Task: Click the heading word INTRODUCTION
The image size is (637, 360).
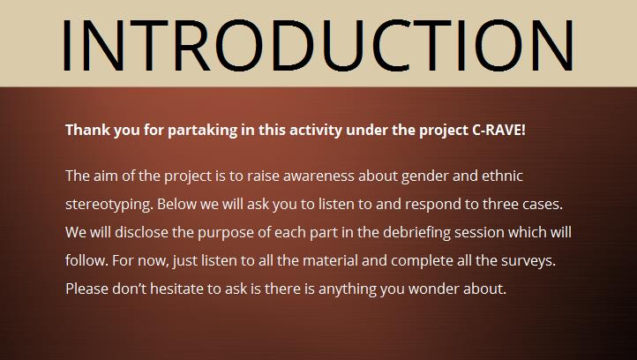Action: tap(318, 45)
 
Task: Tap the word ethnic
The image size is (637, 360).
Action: tap(502, 176)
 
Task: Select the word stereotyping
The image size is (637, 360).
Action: tap(109, 205)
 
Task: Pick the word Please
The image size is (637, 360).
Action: tap(87, 289)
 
